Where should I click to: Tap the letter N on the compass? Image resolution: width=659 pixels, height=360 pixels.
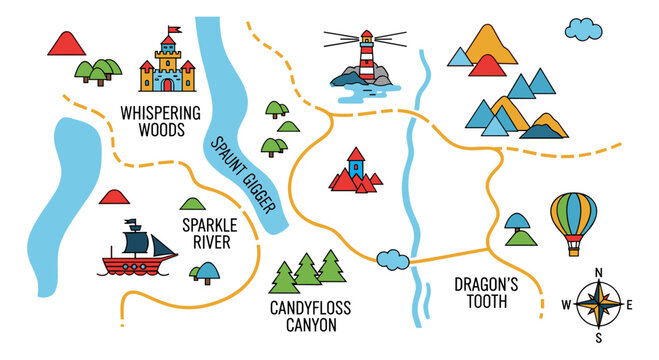pos(599,272)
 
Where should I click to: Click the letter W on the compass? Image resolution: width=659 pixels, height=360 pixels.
pos(565,305)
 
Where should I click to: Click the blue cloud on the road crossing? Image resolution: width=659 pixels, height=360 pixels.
pos(392,259)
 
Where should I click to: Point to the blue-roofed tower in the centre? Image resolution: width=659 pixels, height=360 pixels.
pos(355,164)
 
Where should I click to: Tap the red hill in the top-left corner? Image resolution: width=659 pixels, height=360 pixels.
pos(65,43)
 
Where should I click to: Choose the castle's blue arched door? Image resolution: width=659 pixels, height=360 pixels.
pos(167,83)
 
